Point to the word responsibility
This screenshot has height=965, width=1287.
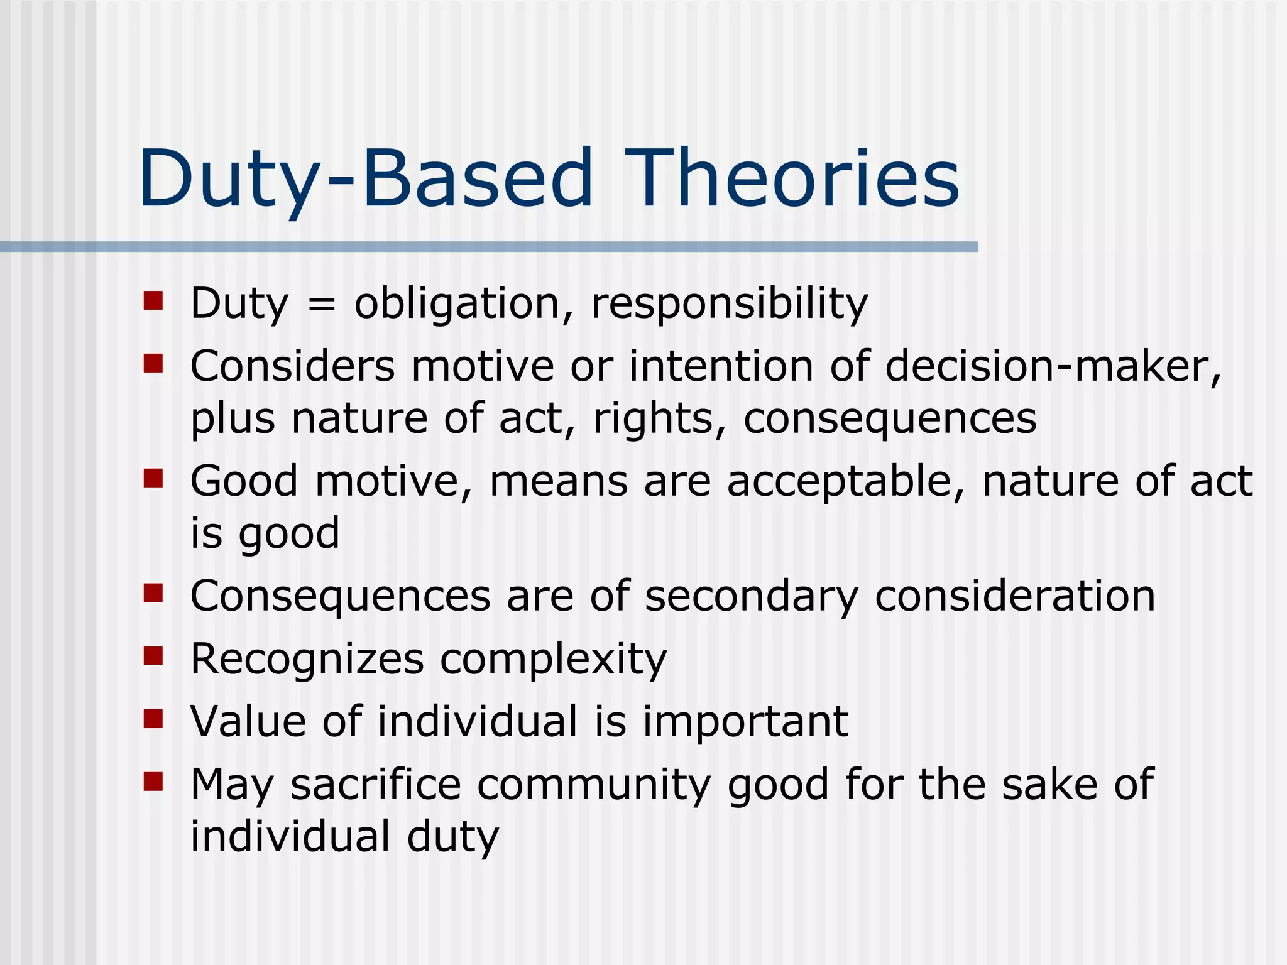[x=729, y=305]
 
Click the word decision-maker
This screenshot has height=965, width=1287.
[x=1053, y=366]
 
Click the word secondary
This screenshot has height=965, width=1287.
[x=752, y=597]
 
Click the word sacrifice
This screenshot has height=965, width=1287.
[x=375, y=785]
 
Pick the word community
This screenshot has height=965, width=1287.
[x=594, y=786]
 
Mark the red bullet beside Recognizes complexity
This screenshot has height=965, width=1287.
[x=153, y=656]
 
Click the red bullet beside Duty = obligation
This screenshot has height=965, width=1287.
[x=153, y=300]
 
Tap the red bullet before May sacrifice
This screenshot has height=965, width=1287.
[x=153, y=782]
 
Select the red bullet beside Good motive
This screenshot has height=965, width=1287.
[x=153, y=478]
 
